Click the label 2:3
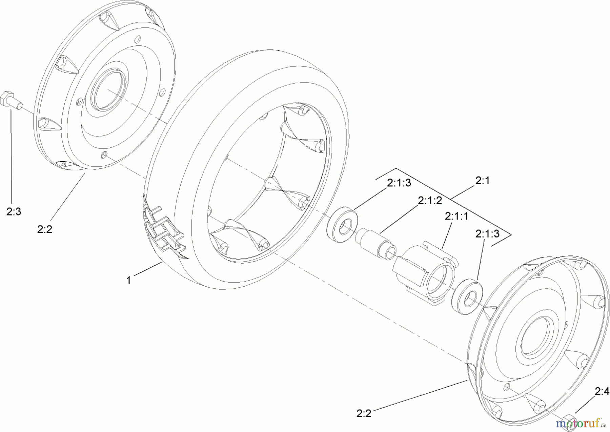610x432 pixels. [14, 212]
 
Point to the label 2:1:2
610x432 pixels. [430, 201]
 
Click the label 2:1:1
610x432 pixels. [456, 216]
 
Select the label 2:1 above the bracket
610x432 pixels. [482, 181]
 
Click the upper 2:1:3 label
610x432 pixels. [399, 183]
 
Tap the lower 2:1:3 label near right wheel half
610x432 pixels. [487, 234]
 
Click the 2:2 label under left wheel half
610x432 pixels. [45, 229]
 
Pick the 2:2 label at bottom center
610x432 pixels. [364, 413]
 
